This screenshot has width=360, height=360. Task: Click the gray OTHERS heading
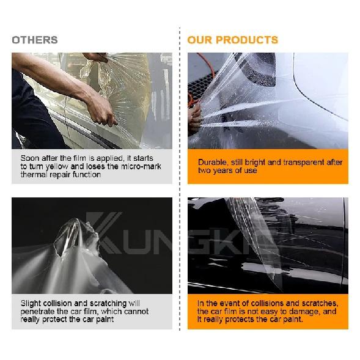35,40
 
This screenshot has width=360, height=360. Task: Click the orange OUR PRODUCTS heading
233,40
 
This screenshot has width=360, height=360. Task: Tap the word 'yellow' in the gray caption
57,166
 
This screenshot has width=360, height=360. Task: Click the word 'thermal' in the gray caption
34,175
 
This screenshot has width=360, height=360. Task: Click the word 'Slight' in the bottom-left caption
31,304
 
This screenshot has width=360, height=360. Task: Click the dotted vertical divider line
180,178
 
